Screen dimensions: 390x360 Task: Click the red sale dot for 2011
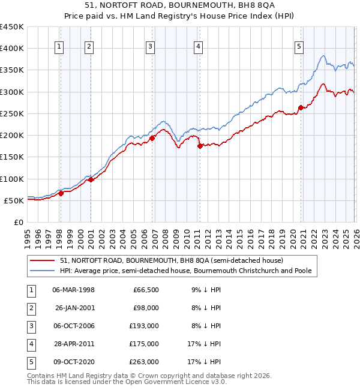tap(199, 146)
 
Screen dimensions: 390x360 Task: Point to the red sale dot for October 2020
tap(301, 108)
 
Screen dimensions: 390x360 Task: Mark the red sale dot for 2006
tap(152, 138)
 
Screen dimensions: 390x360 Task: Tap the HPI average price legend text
tap(186, 271)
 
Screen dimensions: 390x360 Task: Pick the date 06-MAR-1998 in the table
tap(73, 290)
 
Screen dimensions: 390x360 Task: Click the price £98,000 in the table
tap(146, 308)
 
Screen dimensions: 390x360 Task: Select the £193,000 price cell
tap(145, 326)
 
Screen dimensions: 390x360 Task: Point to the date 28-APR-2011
tap(74, 344)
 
